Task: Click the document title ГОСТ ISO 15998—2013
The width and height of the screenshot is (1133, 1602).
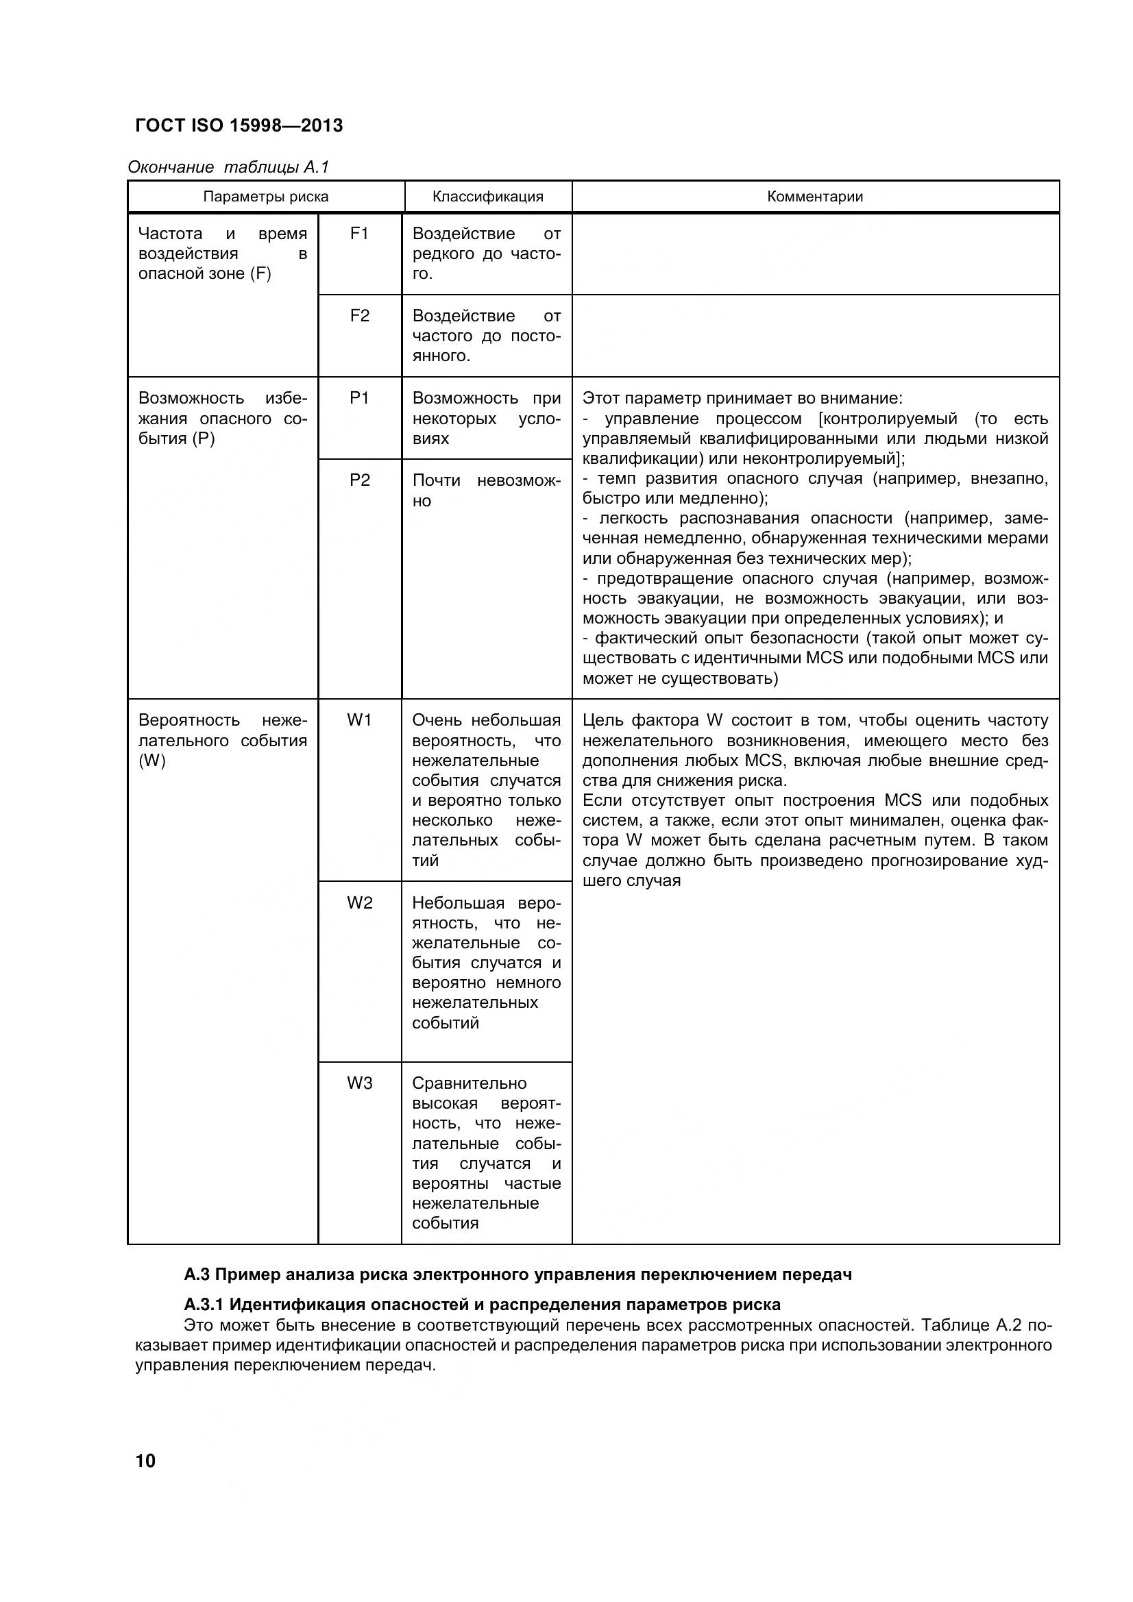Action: pos(239,125)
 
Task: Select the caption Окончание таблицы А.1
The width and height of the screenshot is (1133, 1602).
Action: pos(228,167)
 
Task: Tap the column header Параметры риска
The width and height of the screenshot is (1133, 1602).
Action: pos(265,197)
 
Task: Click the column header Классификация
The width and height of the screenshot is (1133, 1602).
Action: pos(487,197)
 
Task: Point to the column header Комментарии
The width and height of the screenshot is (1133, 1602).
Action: pos(815,197)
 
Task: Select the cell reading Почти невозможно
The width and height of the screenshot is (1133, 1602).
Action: pos(486,491)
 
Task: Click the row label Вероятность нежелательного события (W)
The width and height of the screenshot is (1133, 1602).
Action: pos(222,740)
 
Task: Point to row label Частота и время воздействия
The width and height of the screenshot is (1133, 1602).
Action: pos(222,254)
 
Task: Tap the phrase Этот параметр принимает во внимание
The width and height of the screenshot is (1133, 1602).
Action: pos(742,398)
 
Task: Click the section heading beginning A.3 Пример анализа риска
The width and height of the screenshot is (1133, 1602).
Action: pos(517,1274)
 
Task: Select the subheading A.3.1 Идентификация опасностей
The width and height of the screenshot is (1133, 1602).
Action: pos(482,1304)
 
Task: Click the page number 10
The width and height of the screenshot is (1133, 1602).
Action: pos(146,1460)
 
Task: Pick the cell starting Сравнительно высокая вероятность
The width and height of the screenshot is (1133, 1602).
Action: pos(486,1152)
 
